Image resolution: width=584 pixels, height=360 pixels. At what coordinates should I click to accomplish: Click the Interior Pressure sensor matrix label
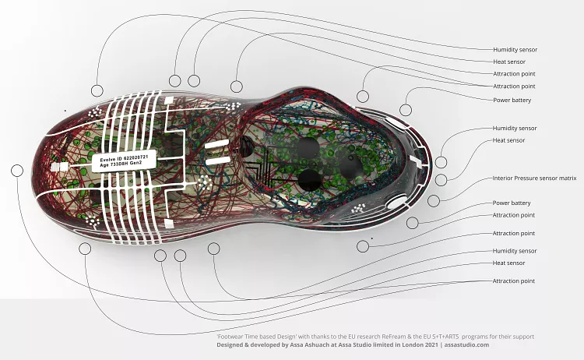534,178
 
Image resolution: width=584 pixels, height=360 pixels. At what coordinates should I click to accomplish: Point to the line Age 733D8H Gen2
121,164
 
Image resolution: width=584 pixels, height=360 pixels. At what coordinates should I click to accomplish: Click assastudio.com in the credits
466,344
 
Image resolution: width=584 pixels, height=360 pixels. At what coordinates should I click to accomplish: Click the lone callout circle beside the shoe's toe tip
17,171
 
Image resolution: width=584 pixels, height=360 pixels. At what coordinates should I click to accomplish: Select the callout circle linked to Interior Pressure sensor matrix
434,201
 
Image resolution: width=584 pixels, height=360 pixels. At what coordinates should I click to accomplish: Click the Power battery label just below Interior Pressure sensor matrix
512,203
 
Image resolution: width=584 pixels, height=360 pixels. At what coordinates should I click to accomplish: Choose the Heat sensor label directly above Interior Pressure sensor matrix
508,140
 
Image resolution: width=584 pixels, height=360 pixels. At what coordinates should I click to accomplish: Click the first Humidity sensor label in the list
515,50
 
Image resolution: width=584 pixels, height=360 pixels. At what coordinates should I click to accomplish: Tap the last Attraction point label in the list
514,281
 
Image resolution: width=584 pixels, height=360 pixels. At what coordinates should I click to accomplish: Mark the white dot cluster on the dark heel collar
358,208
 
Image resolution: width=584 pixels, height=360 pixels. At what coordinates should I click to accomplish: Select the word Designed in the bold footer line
230,344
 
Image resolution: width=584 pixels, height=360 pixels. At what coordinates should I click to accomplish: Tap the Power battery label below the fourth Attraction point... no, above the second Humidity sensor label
512,100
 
